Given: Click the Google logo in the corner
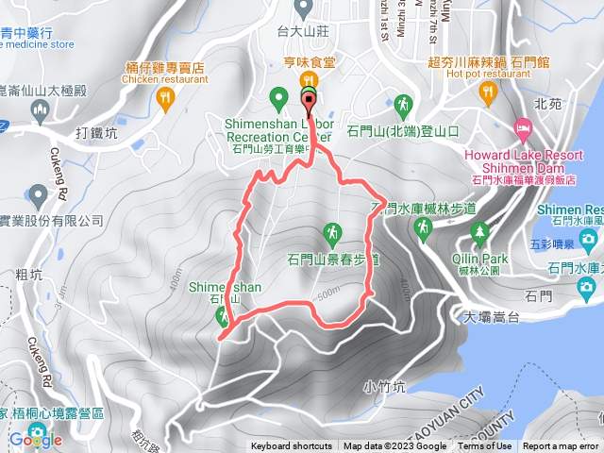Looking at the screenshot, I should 35,439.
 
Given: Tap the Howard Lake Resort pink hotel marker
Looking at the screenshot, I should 523,126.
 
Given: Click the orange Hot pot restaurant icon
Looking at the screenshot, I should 487,91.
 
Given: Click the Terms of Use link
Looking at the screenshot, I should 485,446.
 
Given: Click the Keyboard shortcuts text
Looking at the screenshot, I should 292,446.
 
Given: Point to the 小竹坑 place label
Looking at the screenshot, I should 383,386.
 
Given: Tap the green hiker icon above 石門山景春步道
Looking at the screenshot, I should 332,231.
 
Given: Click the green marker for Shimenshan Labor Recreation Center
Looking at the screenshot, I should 278,96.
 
